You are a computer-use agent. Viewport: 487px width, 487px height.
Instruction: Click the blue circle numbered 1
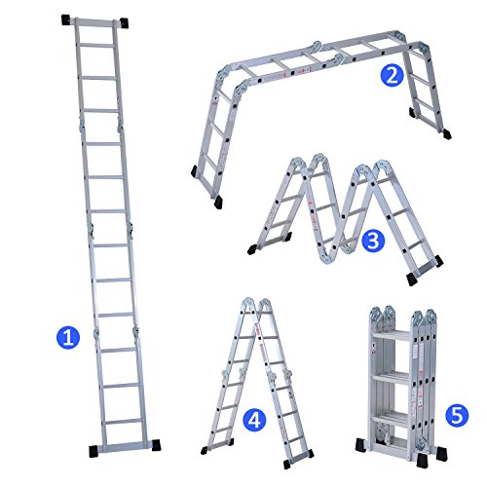point(68,338)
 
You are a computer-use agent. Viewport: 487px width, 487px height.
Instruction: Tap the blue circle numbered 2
point(392,75)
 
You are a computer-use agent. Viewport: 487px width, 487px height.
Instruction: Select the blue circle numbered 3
point(373,242)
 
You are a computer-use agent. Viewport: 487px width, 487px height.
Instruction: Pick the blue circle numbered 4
point(255,420)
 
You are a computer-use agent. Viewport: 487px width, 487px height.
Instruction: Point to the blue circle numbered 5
point(457,416)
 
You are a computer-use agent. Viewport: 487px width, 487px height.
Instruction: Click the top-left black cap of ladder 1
point(66,19)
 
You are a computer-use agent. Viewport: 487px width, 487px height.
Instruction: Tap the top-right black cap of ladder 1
point(124,22)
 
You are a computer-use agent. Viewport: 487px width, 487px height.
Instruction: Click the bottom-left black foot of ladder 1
point(94,451)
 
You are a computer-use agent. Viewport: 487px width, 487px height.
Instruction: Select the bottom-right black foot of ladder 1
point(156,445)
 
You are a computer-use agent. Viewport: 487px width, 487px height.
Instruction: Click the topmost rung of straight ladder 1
point(96,45)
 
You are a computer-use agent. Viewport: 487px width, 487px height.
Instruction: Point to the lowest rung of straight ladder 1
point(124,422)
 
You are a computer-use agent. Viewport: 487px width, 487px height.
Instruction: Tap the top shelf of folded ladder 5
point(393,335)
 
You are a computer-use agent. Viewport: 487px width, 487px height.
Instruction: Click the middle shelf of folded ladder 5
point(393,379)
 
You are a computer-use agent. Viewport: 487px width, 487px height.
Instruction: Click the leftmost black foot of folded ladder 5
point(361,445)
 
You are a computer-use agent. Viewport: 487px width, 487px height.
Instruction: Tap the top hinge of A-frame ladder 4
point(256,305)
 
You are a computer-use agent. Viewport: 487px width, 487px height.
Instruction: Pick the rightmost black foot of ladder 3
point(438,261)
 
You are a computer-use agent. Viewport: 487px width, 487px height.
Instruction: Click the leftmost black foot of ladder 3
point(251,249)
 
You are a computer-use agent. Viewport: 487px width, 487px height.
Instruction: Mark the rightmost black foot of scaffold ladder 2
point(447,133)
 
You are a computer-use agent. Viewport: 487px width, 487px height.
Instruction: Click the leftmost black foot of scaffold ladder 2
point(194,170)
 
